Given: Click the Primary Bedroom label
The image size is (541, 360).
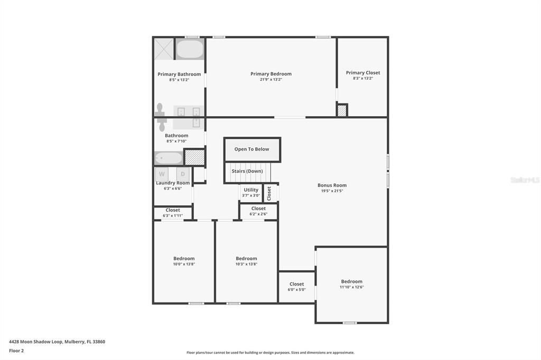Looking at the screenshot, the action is pos(271,74).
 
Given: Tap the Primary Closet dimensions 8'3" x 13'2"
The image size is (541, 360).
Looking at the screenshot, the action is pos(363,78).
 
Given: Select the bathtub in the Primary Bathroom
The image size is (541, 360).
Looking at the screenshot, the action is pos(190,50).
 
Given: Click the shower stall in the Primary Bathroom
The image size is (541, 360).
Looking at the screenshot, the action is pos(164,49).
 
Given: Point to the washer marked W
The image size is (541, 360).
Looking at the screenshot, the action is pos(162,174).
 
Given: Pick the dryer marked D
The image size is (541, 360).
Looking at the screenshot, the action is pos(183,174).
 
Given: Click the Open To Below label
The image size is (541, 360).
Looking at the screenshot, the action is pos(251,149).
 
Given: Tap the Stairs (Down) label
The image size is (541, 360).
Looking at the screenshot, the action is pos(247,171).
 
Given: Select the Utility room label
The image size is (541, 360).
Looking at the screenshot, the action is pos(251,190).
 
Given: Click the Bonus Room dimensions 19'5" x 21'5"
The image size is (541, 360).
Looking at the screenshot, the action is pos(332,191).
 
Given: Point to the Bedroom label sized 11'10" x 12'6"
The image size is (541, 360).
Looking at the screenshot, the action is pos(351,281).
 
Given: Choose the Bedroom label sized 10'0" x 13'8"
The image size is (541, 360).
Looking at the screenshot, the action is pos(184,258).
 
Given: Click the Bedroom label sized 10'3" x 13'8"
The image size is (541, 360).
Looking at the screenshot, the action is pos(246,258).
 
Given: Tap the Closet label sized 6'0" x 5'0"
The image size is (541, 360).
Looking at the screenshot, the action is pos(297,284).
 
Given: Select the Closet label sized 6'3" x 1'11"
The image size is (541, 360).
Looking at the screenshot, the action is pos(173,210).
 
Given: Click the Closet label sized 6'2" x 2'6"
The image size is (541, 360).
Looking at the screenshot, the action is pos(258,209).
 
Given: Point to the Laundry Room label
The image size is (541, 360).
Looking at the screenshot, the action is pos(173,183).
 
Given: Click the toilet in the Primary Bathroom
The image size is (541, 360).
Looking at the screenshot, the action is pos(160,110).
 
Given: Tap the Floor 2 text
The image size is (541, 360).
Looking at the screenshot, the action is pos(16,350).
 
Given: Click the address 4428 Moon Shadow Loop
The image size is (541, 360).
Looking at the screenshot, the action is pos(35,342).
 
